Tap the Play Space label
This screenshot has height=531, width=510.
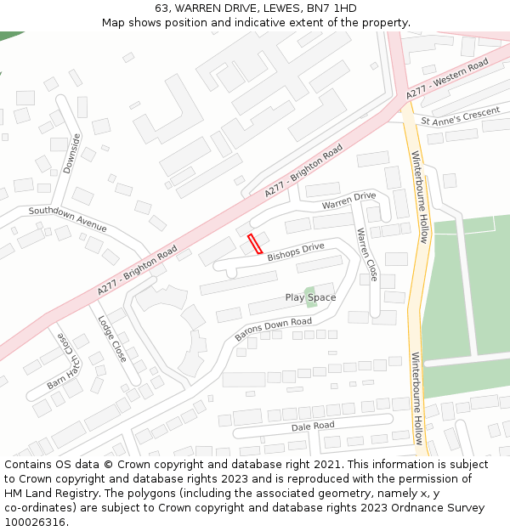click(x=310, y=297)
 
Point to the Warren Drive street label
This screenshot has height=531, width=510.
click(x=348, y=201)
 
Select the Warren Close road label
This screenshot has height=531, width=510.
click(x=367, y=255)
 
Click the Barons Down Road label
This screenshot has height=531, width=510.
click(x=273, y=330)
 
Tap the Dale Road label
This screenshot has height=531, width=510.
click(x=313, y=426)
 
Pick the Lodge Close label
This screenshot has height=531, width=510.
click(x=111, y=339)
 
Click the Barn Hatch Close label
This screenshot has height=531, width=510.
click(x=60, y=360)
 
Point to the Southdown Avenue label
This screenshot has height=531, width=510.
click(x=68, y=219)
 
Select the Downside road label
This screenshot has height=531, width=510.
click(x=71, y=153)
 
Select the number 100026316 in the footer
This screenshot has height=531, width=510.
click(x=35, y=522)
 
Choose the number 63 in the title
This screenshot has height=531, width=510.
click(x=161, y=8)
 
